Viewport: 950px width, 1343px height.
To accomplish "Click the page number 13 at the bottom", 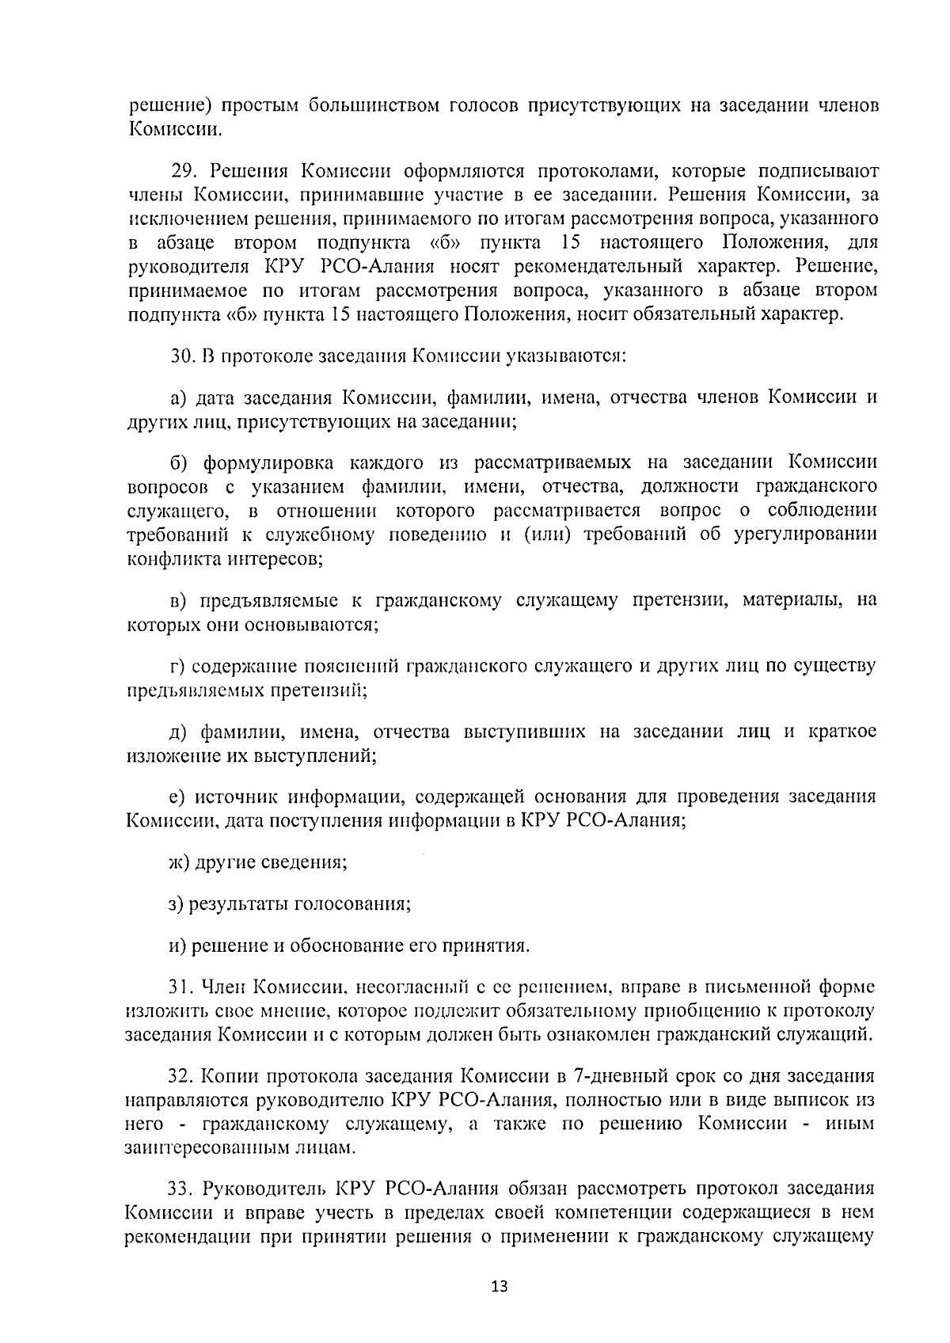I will (498, 1286).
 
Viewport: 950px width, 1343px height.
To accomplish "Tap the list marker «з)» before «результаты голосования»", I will (177, 904).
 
